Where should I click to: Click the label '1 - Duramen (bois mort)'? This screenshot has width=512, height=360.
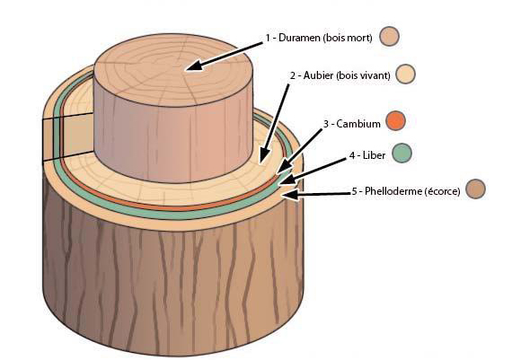pyautogui.click(x=319, y=38)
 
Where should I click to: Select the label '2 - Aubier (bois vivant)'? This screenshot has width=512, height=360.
pyautogui.click(x=340, y=75)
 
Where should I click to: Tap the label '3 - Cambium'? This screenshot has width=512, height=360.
pyautogui.click(x=352, y=124)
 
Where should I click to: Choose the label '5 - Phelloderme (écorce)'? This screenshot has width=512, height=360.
pyautogui.click(x=406, y=191)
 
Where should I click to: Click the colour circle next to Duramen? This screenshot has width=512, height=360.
pyautogui.click(x=389, y=36)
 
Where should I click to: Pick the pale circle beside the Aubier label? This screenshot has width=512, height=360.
pyautogui.click(x=405, y=75)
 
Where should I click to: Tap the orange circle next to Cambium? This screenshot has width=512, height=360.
pyautogui.click(x=395, y=120)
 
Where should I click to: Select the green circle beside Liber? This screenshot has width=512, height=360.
pyautogui.click(x=402, y=153)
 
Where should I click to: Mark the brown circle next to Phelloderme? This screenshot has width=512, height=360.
pyautogui.click(x=475, y=189)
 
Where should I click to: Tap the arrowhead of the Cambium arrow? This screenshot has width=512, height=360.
pyautogui.click(x=284, y=166)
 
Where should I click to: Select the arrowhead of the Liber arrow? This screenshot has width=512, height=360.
pyautogui.click(x=287, y=180)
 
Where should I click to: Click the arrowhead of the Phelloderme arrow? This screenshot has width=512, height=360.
pyautogui.click(x=291, y=195)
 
